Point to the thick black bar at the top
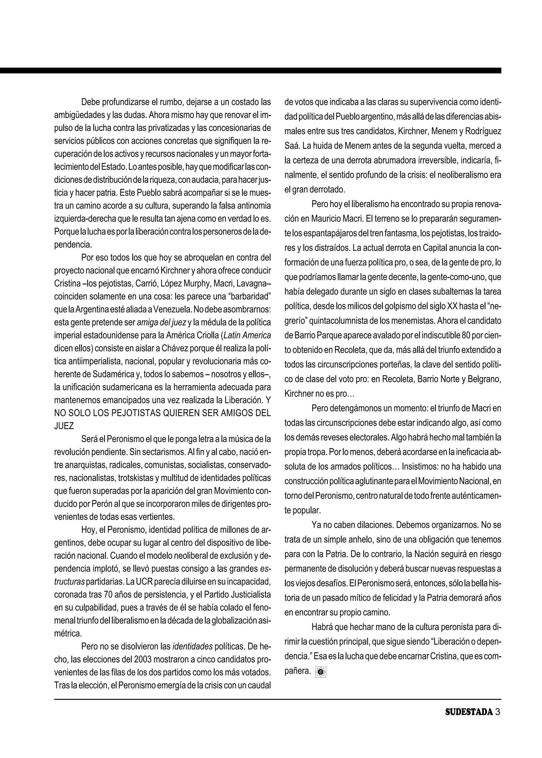tap(250, 70)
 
